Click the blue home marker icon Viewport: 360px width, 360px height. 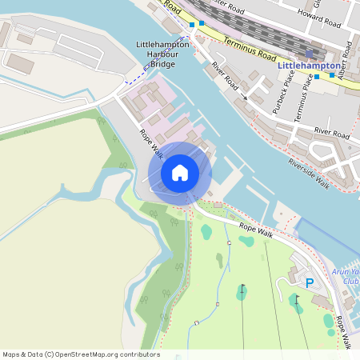(x=180, y=173)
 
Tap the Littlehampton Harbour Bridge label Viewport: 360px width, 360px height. (x=163, y=53)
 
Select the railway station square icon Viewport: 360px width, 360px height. (x=310, y=54)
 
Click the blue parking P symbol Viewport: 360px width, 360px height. (x=310, y=282)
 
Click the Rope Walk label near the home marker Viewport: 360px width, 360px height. (x=150, y=144)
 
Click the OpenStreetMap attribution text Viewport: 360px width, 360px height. (x=80, y=354)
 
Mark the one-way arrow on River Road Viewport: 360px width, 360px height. (x=243, y=98)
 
